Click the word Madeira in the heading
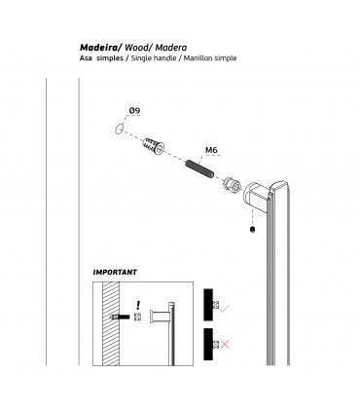coord(99,48)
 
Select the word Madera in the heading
coord(171,48)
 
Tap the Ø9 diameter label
coord(134,111)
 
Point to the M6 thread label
coord(211,150)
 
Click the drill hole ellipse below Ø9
coord(120,129)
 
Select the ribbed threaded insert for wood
coord(154,146)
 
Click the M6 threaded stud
coord(199,169)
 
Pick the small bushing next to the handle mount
coord(232,185)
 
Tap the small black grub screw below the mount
coord(253,230)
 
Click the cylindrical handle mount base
coord(256,196)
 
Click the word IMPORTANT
coord(115,272)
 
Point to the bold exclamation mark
coord(138,305)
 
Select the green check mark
coord(225,308)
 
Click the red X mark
coord(225,344)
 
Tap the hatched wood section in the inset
coord(111,323)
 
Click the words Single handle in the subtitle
coord(154,58)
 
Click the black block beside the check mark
coord(208,305)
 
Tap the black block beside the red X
coord(208,344)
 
